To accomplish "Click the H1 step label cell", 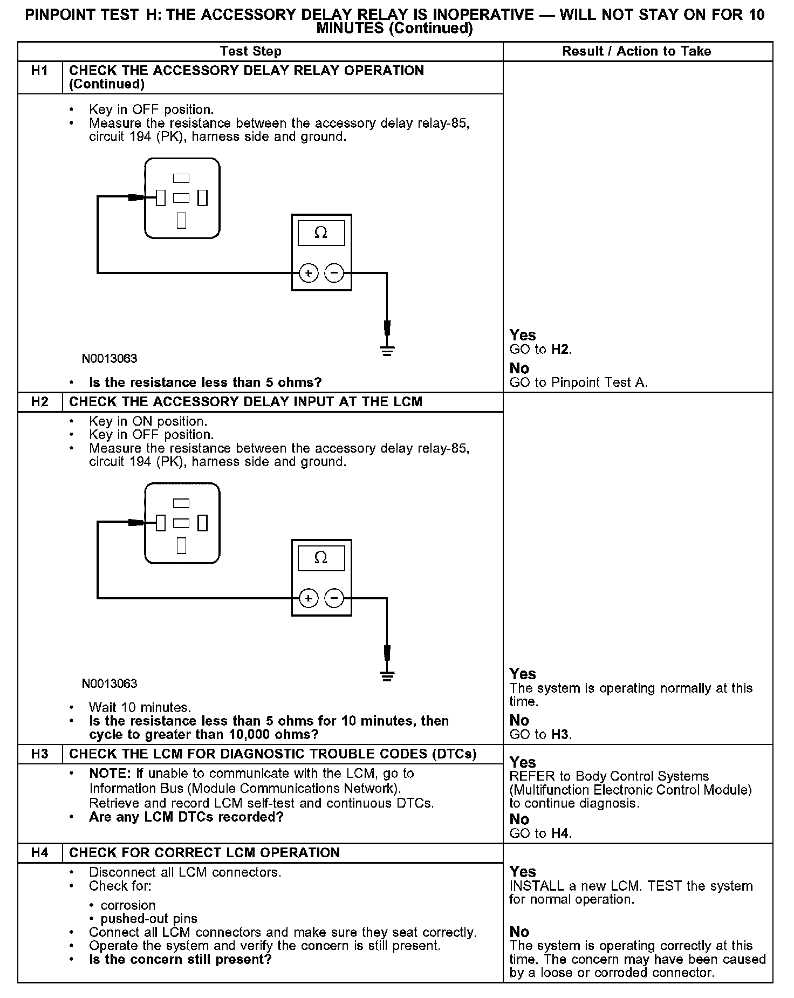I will pos(40,71).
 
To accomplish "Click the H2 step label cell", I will pos(40,402).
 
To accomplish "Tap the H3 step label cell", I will pos(40,754).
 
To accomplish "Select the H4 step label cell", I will pos(40,853).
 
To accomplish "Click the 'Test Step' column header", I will pos(251,51).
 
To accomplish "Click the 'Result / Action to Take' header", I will pos(636,51).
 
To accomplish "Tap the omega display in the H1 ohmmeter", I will pos(321,233).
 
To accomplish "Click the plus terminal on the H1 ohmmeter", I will pos(308,274).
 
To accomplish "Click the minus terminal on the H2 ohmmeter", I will pos(334,598).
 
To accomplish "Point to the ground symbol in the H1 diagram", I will pos(387,351).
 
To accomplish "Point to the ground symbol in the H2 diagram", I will pos(387,675).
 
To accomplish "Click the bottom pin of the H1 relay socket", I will pos(182,221).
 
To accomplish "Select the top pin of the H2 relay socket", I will pos(182,503).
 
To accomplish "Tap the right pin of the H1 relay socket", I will pos(203,198).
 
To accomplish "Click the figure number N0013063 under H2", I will pos(109,683).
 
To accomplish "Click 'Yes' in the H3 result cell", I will pos(523,762).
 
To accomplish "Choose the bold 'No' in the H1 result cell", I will pos(519,368).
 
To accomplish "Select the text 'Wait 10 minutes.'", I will pos(140,707).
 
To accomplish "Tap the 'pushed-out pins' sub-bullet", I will pos(149,919).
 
